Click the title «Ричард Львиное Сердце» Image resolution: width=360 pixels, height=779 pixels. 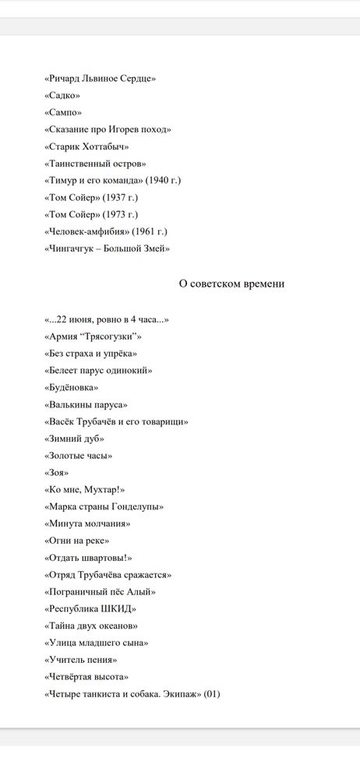pos(101,79)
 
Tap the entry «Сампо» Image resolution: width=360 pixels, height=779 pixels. pos(63,112)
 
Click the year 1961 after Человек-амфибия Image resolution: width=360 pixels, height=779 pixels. pos(153,231)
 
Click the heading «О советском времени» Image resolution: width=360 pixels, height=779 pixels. pos(231,284)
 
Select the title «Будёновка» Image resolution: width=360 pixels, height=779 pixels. pos(72,387)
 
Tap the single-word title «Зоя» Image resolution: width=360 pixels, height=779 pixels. pos(57,472)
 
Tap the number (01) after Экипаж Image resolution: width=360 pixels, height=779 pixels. pos(212,693)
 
